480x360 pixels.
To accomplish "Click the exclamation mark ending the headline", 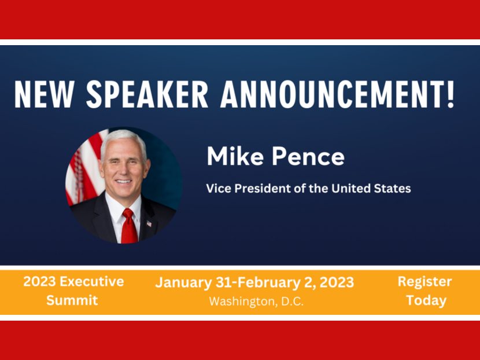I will click(450, 95).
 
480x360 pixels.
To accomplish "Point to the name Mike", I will click(234, 157).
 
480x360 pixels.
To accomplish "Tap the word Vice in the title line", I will click(217, 189).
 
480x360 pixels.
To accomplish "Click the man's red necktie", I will click(129, 226).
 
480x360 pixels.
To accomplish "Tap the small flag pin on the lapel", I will click(149, 223).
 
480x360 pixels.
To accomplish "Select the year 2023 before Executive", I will click(39, 282).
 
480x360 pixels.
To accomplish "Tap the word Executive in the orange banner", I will click(92, 282).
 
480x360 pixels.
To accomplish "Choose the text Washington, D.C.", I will click(256, 302).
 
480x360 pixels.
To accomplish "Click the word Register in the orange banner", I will click(424, 282).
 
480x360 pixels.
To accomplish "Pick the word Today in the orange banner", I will click(426, 300).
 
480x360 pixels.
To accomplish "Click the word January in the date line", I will click(183, 283).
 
